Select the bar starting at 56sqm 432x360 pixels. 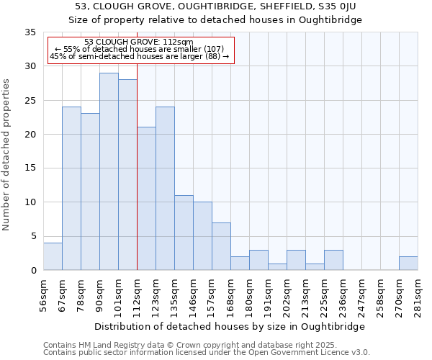point(53,256)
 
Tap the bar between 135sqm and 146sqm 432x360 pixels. point(184,233)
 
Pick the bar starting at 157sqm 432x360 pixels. point(221,246)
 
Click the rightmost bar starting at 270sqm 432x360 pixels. point(408,264)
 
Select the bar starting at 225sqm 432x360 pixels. point(333,260)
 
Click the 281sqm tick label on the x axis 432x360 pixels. point(418,295)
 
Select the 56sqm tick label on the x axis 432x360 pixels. point(44,295)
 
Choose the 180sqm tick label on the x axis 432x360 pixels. point(250,295)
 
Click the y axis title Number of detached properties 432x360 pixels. point(7,154)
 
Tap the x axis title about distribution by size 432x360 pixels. point(230,326)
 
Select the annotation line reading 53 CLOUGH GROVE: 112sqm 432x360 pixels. point(139,42)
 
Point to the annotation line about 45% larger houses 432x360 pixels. point(140,56)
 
